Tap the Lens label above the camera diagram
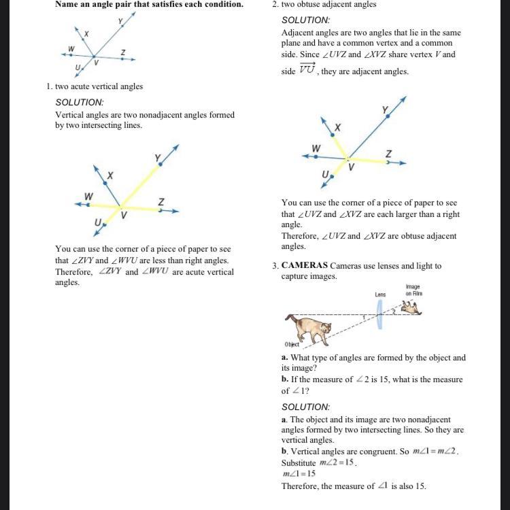[x=380, y=294]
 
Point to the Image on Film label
[x=413, y=290]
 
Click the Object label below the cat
[x=292, y=345]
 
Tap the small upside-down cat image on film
[x=411, y=309]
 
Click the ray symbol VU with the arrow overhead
[x=307, y=71]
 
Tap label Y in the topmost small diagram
[x=120, y=22]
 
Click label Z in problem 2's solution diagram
[x=388, y=154]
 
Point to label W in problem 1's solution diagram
[x=88, y=197]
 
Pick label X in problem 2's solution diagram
[x=337, y=127]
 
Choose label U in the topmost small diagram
[x=78, y=67]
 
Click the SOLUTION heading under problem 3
[x=305, y=407]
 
